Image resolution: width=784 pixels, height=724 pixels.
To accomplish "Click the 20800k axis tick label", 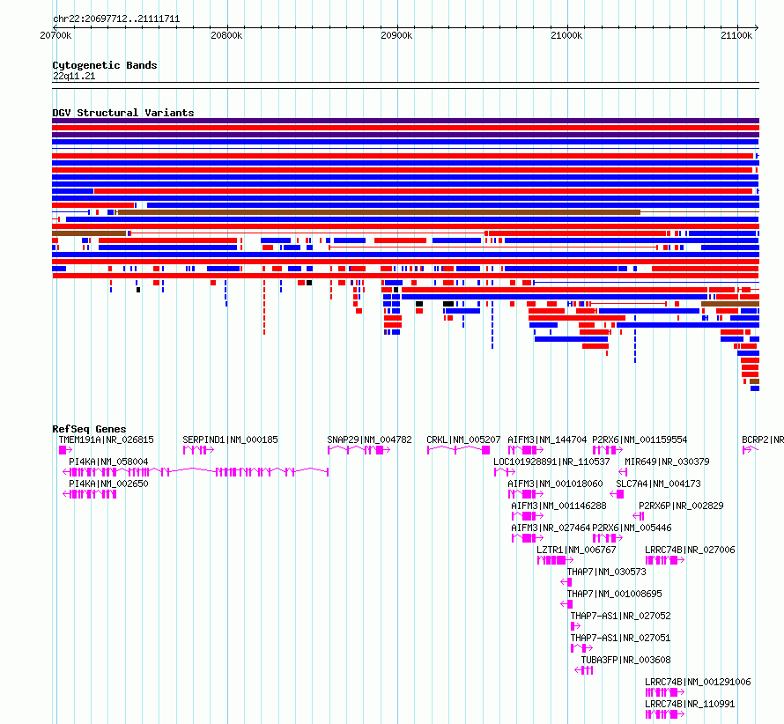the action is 226,35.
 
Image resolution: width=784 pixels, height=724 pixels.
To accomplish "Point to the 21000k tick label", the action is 566,35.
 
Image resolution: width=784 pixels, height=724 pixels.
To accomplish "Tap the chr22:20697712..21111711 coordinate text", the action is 116,19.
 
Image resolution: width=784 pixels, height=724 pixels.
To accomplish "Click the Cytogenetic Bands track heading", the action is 105,65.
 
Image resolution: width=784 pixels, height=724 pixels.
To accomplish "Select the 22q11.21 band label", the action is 74,76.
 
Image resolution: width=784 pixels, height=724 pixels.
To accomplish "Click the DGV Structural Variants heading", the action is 123,113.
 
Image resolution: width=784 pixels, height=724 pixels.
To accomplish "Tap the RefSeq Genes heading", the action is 89,429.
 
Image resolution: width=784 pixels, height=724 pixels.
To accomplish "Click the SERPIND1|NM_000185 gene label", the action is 230,440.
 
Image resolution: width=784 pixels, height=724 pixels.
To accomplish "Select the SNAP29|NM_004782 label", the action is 369,440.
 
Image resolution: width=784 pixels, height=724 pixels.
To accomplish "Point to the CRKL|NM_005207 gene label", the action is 463,440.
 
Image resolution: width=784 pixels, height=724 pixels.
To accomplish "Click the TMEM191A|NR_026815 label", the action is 106,440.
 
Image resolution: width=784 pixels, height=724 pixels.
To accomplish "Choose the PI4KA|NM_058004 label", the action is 108,462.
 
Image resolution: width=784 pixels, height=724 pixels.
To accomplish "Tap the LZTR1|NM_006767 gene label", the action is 576,550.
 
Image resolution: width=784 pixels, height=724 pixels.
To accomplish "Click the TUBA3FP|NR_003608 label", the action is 625,660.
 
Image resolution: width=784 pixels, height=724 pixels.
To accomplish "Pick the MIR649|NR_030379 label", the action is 667,462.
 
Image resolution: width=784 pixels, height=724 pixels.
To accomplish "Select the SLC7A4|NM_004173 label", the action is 659,484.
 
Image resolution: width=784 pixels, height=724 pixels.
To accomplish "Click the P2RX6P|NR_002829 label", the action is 681,506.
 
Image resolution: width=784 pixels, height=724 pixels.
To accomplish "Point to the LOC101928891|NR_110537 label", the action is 551,462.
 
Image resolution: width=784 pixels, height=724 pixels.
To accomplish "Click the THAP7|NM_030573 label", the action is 607,572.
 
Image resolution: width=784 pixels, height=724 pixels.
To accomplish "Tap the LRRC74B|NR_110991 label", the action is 690,704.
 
